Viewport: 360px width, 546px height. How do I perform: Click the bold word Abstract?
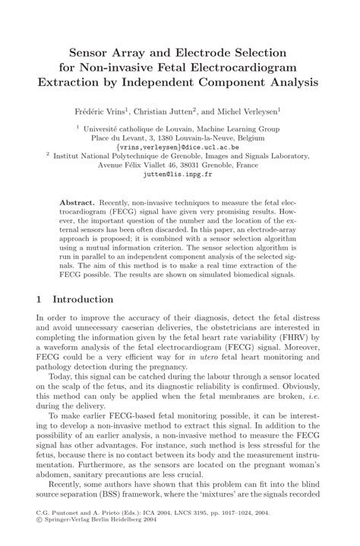pos(77,205)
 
